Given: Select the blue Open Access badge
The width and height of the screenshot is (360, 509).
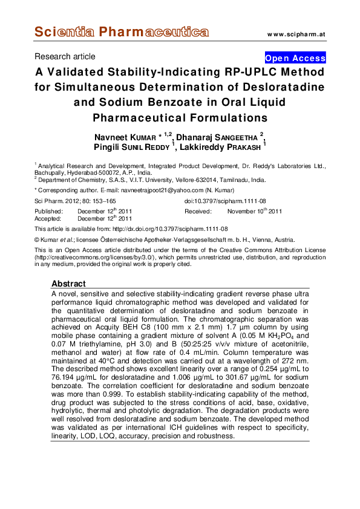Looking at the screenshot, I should pos(295,59).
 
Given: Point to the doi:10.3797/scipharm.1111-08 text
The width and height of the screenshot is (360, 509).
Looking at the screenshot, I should pos(225,201).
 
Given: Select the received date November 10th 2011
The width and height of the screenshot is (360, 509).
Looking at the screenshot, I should pos(255,212).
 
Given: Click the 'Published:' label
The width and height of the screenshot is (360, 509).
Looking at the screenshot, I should pos(50,212).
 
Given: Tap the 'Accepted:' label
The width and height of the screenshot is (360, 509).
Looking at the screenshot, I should pos(48,219).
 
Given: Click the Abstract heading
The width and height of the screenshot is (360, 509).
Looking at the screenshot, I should pos(68,284).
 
